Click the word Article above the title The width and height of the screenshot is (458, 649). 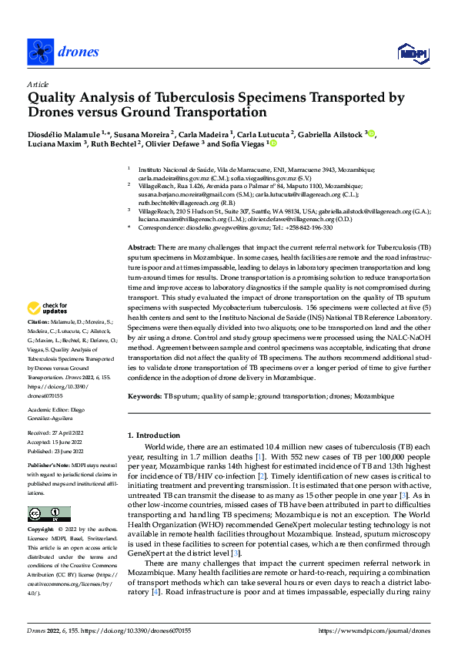[x=37, y=84]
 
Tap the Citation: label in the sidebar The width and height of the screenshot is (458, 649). [x=39, y=342]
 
